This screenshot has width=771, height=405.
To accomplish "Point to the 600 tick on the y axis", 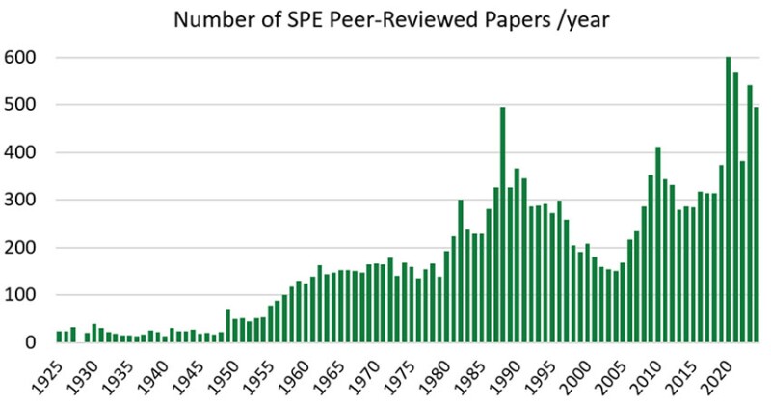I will [x=21, y=58].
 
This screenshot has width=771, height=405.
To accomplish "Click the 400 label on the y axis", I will [x=21, y=152].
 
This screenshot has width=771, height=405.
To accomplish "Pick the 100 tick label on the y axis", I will [x=21, y=295].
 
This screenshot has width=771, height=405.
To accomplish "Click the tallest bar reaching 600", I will [x=729, y=201].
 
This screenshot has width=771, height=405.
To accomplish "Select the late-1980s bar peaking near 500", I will [x=502, y=225].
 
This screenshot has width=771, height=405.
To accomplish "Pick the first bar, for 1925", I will [x=59, y=337].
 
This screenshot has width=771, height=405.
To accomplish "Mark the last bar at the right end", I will [x=757, y=225].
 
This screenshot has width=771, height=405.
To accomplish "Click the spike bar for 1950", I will [x=227, y=326].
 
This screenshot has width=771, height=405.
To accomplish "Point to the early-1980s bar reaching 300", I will [x=461, y=271].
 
